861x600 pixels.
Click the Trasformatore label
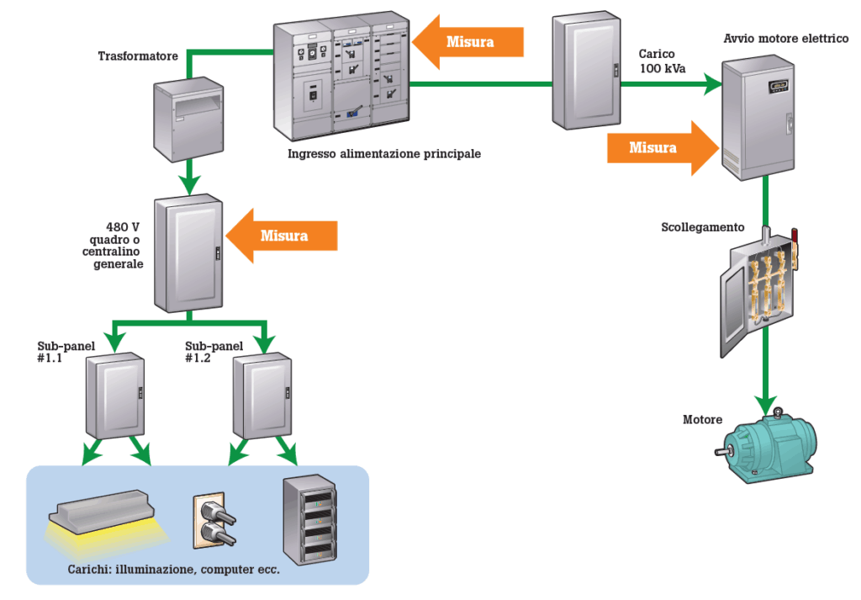[x=138, y=56]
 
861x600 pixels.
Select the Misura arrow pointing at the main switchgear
[x=469, y=42]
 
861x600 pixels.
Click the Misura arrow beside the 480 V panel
[x=283, y=236]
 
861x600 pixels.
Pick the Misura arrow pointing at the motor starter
[x=652, y=147]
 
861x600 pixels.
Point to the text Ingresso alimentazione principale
[x=384, y=154]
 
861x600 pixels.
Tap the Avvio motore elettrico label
[x=786, y=40]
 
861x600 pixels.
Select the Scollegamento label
[x=703, y=227]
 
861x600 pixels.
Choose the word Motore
[x=702, y=419]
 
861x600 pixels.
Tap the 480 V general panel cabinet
[x=189, y=252]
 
